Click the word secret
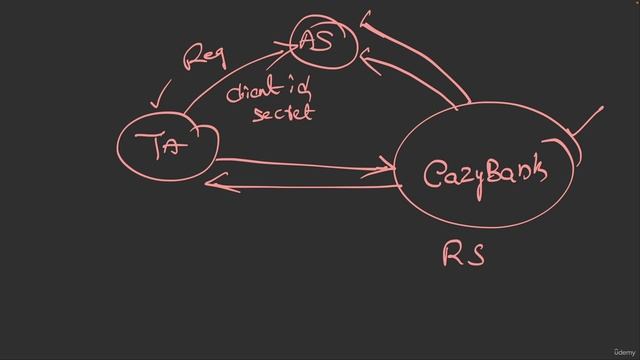(x=282, y=113)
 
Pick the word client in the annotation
(x=254, y=92)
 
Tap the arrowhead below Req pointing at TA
(x=154, y=103)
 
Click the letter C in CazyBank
(x=433, y=177)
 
